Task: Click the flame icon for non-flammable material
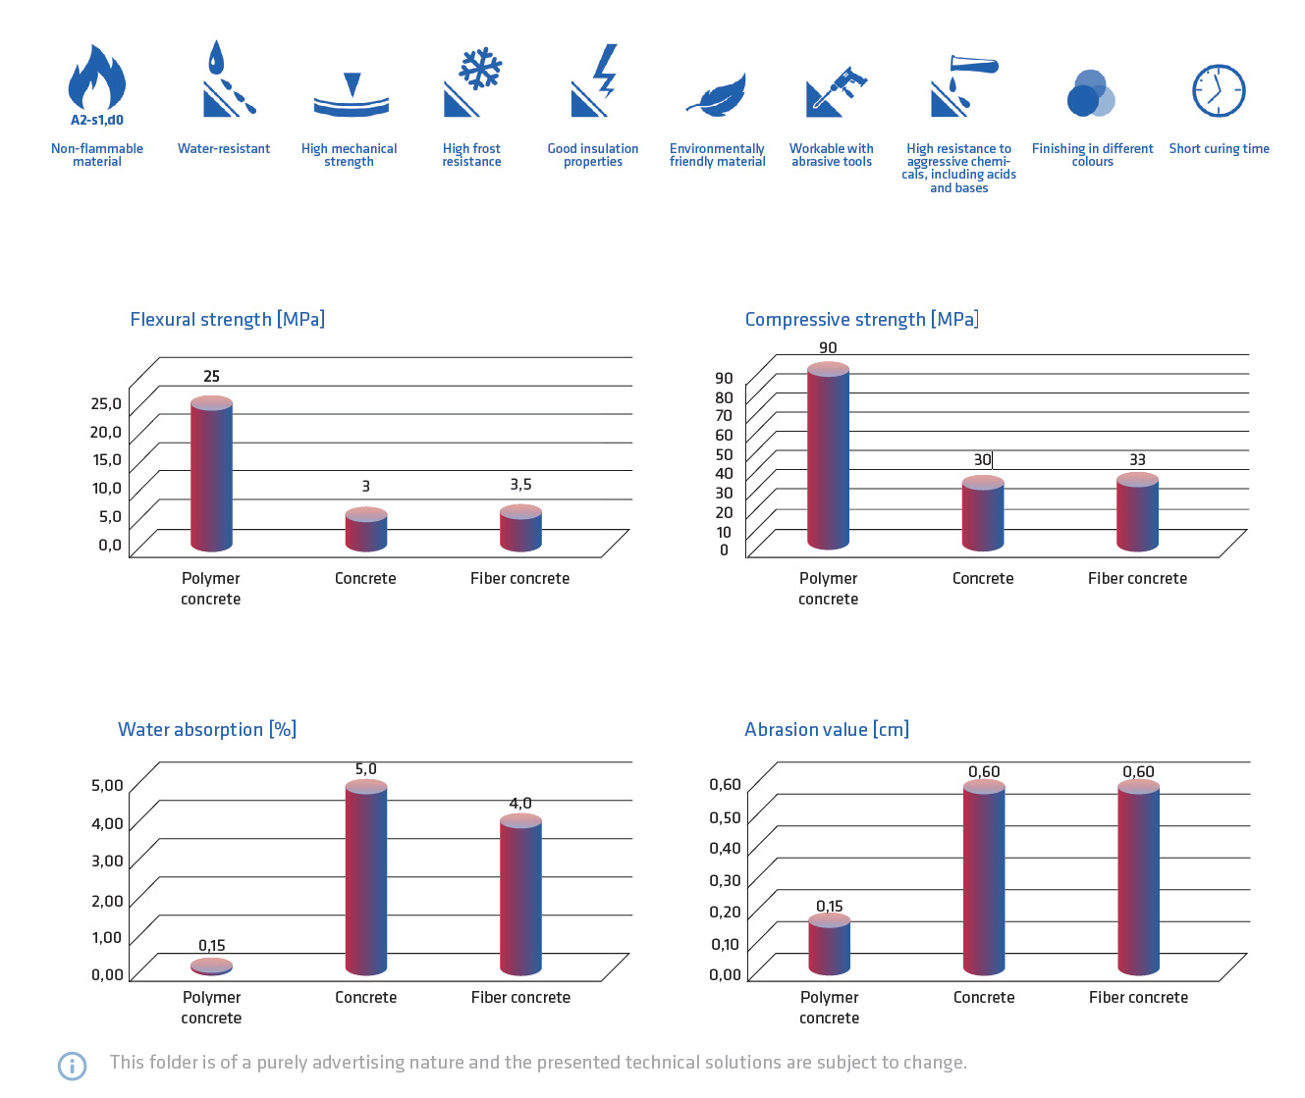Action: [96, 78]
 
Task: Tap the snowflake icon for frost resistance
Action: [480, 70]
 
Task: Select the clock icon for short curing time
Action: [1219, 91]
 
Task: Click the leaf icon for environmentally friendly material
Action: [717, 96]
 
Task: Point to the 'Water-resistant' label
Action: [224, 149]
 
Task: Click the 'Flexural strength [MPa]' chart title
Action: [227, 319]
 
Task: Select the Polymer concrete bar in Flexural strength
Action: [211, 475]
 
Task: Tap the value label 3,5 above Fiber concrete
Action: [520, 485]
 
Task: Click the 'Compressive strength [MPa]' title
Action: [861, 319]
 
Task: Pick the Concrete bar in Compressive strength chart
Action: [983, 514]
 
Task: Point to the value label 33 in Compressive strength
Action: [1137, 459]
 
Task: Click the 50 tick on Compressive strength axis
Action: [725, 454]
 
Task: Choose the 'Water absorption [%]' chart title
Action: [207, 729]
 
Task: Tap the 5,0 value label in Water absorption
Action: [365, 769]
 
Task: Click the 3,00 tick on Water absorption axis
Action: [107, 861]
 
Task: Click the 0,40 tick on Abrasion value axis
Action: [725, 848]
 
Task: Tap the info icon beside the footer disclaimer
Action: [72, 1066]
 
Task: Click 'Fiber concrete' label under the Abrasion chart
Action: [1138, 997]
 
